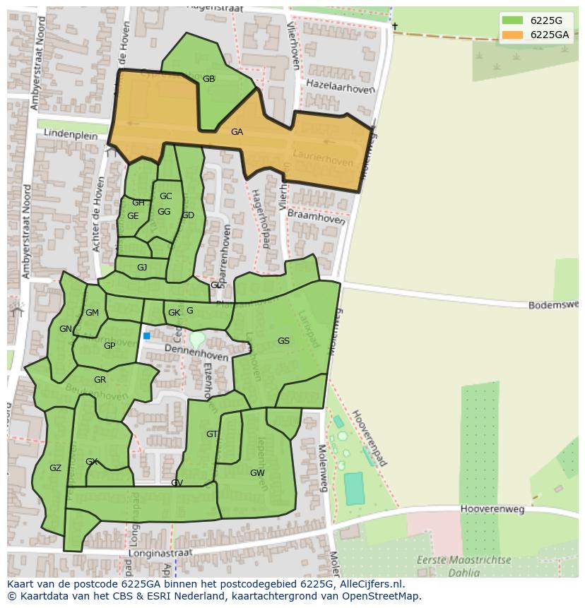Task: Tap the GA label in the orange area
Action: (x=237, y=132)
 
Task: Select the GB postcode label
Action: (x=208, y=79)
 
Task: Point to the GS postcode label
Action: (x=283, y=341)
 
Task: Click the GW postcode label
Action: (x=257, y=473)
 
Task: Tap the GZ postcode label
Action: (x=56, y=468)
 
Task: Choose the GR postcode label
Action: (x=100, y=380)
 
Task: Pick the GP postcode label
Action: (x=110, y=346)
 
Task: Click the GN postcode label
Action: (x=66, y=329)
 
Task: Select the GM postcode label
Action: (x=92, y=313)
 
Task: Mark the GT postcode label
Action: (x=212, y=434)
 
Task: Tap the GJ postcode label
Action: (x=142, y=268)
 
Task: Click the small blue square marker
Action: (x=147, y=336)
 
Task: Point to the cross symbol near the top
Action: (x=395, y=27)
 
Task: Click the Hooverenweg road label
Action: (x=491, y=508)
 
